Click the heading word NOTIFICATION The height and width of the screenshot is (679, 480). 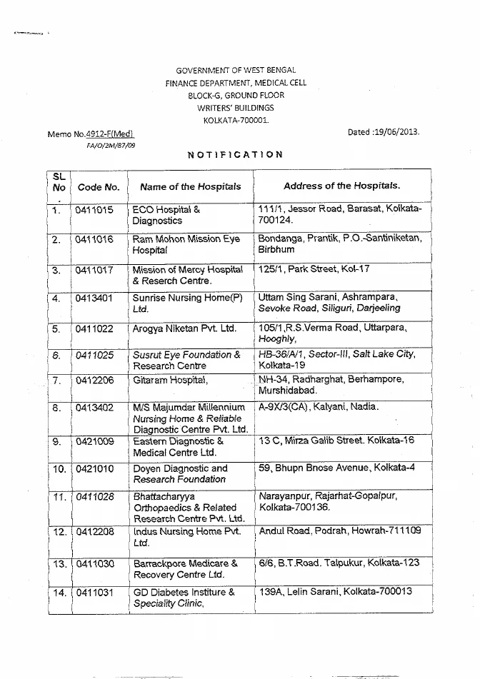tap(236, 154)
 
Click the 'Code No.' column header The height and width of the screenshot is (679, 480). tap(99, 187)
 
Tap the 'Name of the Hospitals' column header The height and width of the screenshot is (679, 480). tap(191, 187)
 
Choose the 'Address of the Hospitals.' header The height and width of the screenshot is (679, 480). tap(341, 186)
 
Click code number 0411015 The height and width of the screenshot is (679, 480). tap(95, 211)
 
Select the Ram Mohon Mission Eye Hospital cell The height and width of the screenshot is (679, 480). tap(186, 245)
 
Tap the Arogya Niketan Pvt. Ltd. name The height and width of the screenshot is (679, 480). tap(184, 328)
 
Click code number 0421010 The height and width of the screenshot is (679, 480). tap(95, 469)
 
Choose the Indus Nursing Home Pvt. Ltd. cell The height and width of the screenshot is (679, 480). tap(186, 537)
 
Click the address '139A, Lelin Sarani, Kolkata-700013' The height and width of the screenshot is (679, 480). tap(335, 591)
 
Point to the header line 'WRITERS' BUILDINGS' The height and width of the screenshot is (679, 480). tap(236, 107)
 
